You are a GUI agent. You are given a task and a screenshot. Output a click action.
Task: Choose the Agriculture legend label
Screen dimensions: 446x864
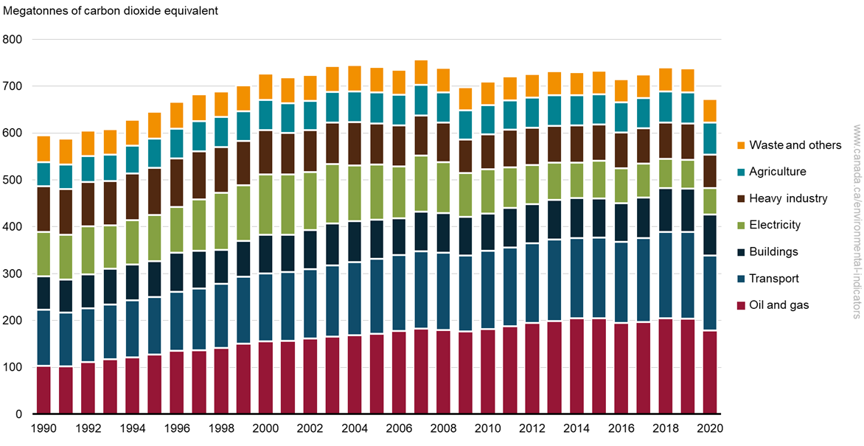pos(778,172)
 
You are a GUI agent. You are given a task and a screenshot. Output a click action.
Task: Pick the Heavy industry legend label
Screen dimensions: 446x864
pos(788,198)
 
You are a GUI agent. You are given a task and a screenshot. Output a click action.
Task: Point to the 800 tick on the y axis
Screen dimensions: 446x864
pos(13,39)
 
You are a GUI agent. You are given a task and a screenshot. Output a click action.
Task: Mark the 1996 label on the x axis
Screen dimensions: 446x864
pos(177,428)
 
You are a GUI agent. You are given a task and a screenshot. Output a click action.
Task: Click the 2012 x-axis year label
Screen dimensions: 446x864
pos(532,428)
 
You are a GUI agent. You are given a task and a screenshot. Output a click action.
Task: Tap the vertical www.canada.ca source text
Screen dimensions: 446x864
pos(856,221)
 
